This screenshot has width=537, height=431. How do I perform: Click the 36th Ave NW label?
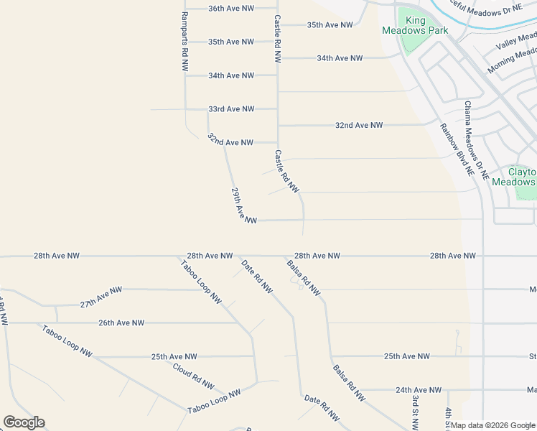pyautogui.click(x=231, y=9)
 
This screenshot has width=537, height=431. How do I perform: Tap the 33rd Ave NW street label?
pyautogui.click(x=231, y=109)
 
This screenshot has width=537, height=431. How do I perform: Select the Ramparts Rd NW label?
pyautogui.click(x=185, y=40)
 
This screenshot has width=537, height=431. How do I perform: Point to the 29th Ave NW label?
pyautogui.click(x=243, y=206)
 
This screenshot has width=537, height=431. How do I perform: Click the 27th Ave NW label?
pyautogui.click(x=101, y=297)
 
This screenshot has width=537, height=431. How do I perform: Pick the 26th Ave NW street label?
pyautogui.click(x=121, y=323)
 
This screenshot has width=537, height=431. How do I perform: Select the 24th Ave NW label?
pyautogui.click(x=419, y=390)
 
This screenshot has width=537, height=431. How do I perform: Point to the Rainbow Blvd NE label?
pyautogui.click(x=457, y=150)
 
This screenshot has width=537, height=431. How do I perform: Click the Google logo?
pyautogui.click(x=24, y=422)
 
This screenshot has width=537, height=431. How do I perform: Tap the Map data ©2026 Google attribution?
pyautogui.click(x=492, y=425)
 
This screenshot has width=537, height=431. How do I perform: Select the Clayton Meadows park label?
pyautogui.click(x=522, y=177)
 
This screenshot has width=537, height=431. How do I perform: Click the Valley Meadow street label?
pyautogui.click(x=516, y=42)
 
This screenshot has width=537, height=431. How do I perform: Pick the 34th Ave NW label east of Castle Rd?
pyautogui.click(x=340, y=58)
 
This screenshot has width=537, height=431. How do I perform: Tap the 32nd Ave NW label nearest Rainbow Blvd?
pyautogui.click(x=359, y=125)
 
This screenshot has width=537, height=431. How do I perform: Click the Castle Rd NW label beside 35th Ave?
pyautogui.click(x=277, y=39)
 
